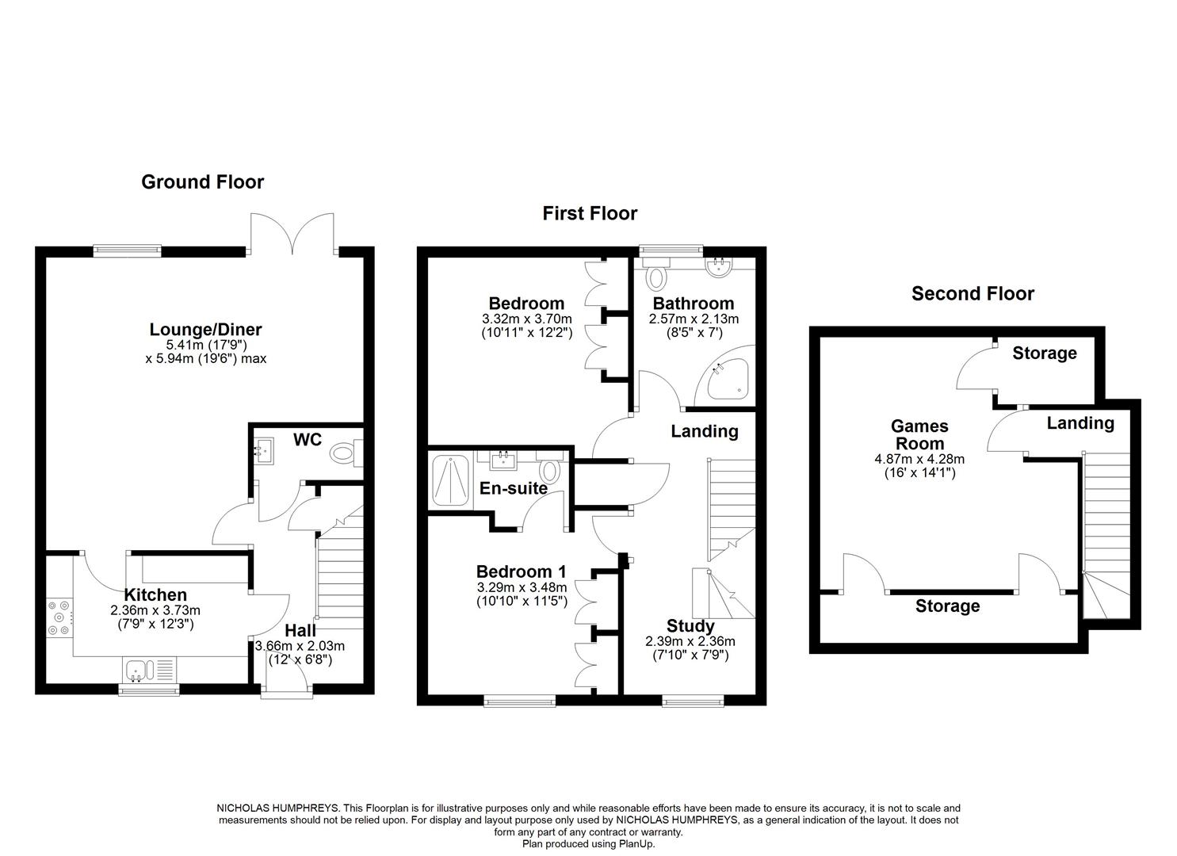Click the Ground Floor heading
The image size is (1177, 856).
[202, 182]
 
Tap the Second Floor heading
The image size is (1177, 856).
[973, 293]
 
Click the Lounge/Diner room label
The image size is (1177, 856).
[205, 330]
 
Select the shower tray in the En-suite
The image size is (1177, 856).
[450, 480]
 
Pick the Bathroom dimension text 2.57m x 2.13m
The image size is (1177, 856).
[694, 319]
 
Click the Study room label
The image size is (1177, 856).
[690, 626]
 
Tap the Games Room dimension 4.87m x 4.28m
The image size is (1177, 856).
[919, 459]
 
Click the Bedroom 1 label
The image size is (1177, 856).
[522, 571]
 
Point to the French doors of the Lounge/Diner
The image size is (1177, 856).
[292, 234]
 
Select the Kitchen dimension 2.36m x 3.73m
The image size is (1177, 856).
[155, 610]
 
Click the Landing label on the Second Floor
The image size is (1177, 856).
[1080, 423]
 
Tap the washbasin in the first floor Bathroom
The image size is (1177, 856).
[719, 267]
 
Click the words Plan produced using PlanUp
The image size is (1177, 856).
[588, 844]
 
